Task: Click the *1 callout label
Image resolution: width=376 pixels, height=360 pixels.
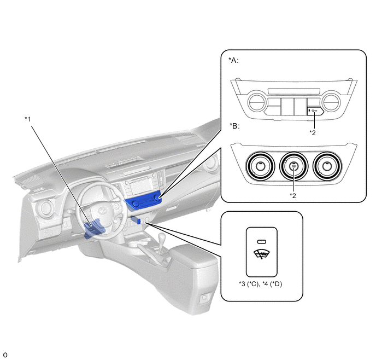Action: tap(28, 119)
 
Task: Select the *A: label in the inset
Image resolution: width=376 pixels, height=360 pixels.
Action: tap(233, 60)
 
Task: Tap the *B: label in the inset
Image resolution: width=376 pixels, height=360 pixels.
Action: tap(234, 125)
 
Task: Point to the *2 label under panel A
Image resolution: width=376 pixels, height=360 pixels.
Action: tap(313, 132)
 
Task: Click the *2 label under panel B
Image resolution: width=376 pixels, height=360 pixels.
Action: tap(292, 195)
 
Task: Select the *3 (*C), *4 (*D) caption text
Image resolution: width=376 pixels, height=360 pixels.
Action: tap(261, 284)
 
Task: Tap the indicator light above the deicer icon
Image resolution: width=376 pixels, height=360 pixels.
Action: tap(262, 242)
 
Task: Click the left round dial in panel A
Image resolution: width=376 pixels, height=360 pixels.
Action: tap(256, 102)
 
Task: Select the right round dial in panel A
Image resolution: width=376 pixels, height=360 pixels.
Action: tap(331, 102)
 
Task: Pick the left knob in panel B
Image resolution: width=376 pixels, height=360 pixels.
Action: tap(260, 166)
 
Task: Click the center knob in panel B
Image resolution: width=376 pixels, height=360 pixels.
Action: tap(294, 166)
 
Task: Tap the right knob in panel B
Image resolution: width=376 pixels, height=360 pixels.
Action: tap(327, 166)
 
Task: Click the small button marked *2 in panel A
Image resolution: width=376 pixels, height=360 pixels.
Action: tap(315, 111)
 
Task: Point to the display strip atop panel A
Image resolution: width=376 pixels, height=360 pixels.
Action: tap(294, 91)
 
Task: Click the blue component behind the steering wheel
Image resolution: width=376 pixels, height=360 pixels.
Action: tap(94, 228)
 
